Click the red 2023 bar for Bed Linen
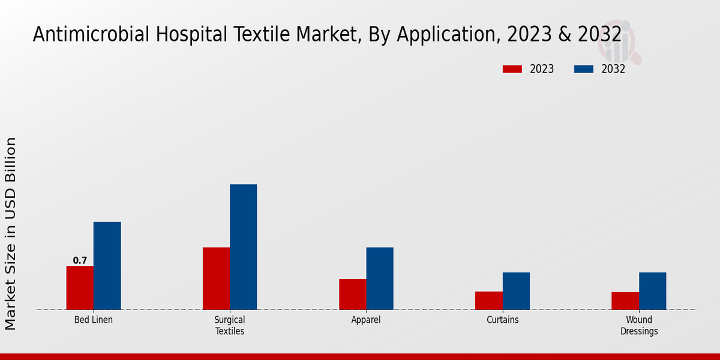click(x=80, y=288)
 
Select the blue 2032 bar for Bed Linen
click(x=107, y=266)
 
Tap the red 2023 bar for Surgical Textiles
click(x=216, y=278)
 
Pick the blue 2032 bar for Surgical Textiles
click(x=243, y=247)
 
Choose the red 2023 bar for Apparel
click(x=352, y=294)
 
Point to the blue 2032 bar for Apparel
click(x=380, y=278)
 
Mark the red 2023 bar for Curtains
click(x=488, y=301)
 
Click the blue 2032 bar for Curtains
click(x=516, y=291)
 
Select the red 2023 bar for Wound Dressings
click(x=625, y=301)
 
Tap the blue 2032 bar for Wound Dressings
click(x=652, y=291)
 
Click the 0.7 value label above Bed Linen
click(x=80, y=260)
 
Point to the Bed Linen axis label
click(x=94, y=320)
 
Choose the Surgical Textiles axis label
click(x=230, y=325)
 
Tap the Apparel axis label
click(x=366, y=320)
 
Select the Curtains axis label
click(x=502, y=320)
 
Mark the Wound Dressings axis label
click(x=639, y=325)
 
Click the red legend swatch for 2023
click(x=512, y=69)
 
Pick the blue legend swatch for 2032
click(x=584, y=69)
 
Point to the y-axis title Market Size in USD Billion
click(x=11, y=234)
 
